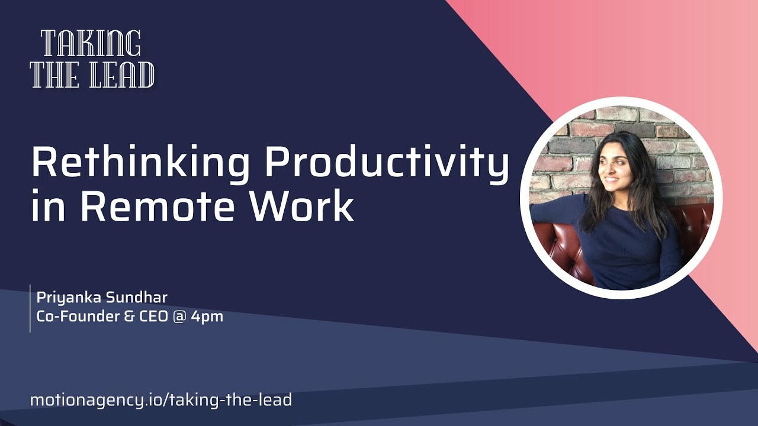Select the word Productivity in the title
[387, 163]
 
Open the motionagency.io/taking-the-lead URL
[161, 400]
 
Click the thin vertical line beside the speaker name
[30, 308]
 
